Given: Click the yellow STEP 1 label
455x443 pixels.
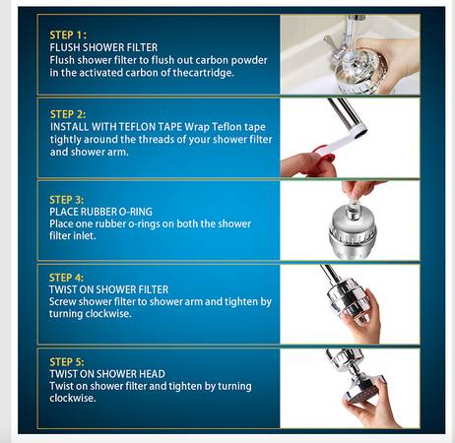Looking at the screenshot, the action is click(x=68, y=35).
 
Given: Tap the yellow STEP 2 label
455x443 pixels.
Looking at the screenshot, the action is click(x=68, y=114).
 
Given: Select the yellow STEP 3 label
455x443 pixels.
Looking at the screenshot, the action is click(x=67, y=200).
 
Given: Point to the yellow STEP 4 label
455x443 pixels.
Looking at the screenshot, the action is click(x=66, y=278).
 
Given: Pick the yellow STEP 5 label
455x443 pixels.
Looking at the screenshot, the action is click(x=67, y=362).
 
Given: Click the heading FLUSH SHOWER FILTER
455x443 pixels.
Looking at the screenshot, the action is click(x=103, y=47).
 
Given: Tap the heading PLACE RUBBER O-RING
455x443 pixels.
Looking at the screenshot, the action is click(x=101, y=212).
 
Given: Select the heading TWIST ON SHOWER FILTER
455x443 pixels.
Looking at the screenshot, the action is click(x=108, y=289).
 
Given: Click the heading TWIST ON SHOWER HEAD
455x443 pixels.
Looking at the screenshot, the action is click(x=107, y=374).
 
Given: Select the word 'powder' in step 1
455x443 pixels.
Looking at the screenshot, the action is click(x=249, y=60).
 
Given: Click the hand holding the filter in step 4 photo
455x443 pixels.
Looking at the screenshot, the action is click(x=364, y=317).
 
